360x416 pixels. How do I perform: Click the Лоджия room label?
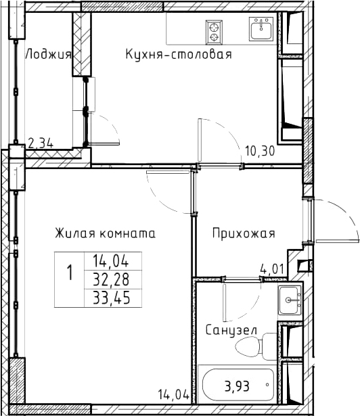[x=49, y=54]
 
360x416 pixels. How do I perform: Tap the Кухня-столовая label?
[x=179, y=54]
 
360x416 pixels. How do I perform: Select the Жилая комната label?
[x=105, y=233]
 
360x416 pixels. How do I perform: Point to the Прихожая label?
[x=244, y=234]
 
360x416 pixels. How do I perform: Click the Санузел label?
[x=231, y=331]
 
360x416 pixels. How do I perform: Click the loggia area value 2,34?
[x=41, y=143]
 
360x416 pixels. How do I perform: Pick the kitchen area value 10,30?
[x=260, y=152]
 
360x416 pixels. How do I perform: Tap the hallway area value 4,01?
[x=272, y=269]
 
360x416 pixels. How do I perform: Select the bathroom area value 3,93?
[x=237, y=386]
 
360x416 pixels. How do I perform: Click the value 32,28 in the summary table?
[x=111, y=279]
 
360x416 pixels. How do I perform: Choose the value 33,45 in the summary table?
[x=112, y=298]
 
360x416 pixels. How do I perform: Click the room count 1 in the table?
[x=70, y=273]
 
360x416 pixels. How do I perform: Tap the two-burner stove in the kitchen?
[x=214, y=32]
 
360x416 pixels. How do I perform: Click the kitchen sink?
[x=261, y=28]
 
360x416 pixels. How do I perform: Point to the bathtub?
[x=238, y=384]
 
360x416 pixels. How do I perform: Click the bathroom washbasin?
[x=290, y=300]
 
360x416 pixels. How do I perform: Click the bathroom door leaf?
[x=225, y=303]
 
